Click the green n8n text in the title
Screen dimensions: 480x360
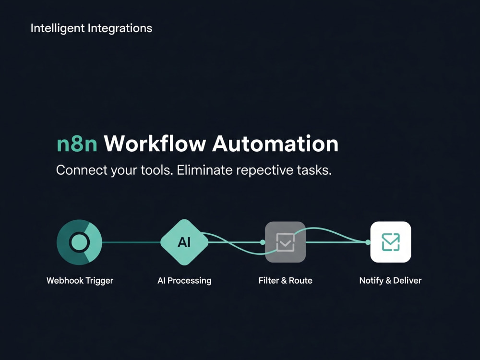(77, 144)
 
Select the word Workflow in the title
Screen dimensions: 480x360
(155, 143)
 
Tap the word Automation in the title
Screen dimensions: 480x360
(275, 143)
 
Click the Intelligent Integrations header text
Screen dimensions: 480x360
(91, 28)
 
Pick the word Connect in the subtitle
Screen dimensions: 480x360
(82, 170)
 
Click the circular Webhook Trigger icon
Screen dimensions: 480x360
(79, 242)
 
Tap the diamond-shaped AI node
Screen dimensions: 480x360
(184, 242)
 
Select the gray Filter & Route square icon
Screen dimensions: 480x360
(285, 242)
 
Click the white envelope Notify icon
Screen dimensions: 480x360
(391, 242)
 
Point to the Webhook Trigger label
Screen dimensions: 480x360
(80, 281)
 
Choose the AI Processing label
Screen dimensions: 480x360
(184, 281)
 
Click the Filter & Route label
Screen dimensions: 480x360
(285, 280)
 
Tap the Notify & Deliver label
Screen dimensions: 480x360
(390, 281)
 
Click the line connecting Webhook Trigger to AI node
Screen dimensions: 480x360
(132, 242)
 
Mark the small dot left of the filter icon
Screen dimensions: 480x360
(263, 242)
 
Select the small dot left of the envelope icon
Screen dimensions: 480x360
(368, 242)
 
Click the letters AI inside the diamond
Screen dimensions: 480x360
(184, 242)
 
